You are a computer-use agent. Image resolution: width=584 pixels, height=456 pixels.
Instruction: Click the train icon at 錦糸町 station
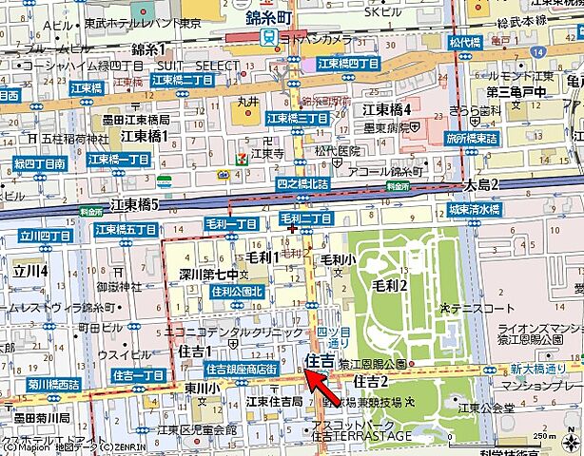269,37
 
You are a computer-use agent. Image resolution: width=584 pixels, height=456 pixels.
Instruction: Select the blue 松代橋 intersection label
468,43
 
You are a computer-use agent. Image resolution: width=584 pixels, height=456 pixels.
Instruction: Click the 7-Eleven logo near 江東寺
246,152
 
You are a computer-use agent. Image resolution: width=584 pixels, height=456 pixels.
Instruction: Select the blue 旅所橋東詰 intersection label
472,138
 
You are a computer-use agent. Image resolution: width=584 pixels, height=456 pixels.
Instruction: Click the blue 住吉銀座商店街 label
242,368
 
